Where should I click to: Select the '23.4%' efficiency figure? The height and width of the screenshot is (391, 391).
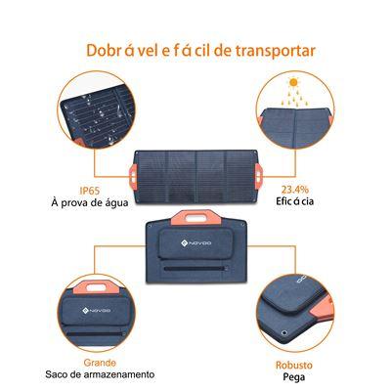[296, 190]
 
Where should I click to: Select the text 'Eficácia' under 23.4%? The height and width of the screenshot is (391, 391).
[296, 203]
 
